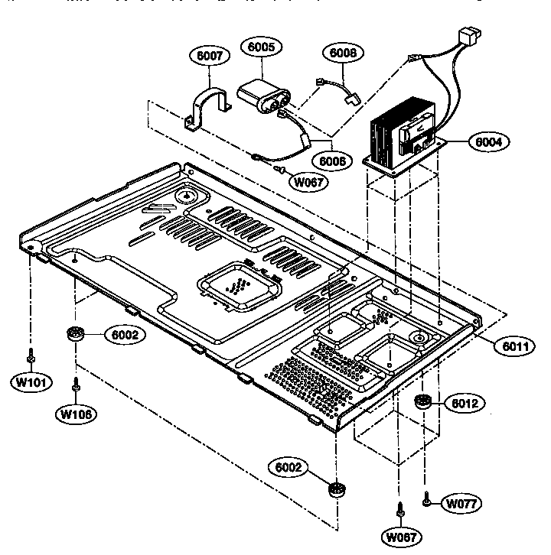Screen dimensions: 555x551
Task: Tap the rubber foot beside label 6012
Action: (x=422, y=403)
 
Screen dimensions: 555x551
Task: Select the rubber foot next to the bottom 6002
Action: (x=334, y=488)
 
